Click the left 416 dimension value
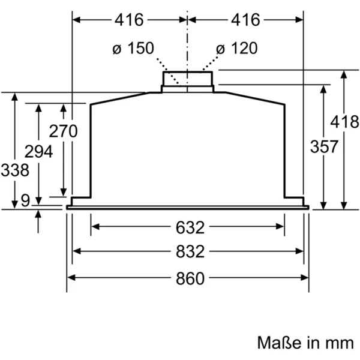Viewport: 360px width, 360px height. pos(129,20)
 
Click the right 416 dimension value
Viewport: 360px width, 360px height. pos(245,20)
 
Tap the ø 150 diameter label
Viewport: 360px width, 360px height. pos(133,48)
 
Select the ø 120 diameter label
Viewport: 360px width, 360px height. pos(237,48)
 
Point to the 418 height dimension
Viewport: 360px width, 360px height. pos(344,122)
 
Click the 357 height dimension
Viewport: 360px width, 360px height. pos(324,146)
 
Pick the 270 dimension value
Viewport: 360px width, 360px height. pos(64,131)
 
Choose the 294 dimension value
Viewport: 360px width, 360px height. pos(38,152)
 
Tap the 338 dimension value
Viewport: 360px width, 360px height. pos(15,170)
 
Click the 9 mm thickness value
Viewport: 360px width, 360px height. pos(25,200)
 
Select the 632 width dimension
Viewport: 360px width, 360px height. pos(190,227)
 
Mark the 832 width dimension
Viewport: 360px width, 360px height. pos(190,251)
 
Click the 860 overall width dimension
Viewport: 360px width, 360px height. pos(190,278)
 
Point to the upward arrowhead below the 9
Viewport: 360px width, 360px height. pos(38,214)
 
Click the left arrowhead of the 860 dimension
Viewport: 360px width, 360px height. pos(71,278)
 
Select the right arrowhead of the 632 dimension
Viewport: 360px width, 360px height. pos(280,227)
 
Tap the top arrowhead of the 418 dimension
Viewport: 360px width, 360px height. pos(344,74)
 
